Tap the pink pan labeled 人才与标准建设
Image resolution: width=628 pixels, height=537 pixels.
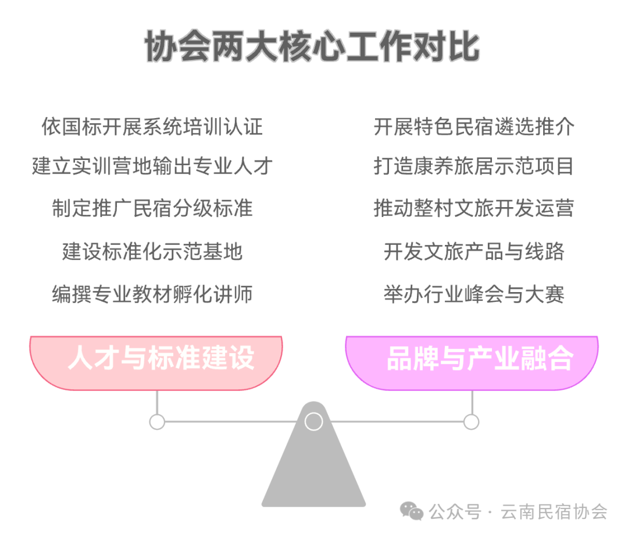pyautogui.click(x=156, y=360)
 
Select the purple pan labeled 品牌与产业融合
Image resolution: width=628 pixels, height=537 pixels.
pyautogui.click(x=472, y=360)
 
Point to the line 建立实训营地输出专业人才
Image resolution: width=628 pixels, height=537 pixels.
pyautogui.click(x=152, y=166)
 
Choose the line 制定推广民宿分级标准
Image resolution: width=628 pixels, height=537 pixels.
pyautogui.click(x=152, y=208)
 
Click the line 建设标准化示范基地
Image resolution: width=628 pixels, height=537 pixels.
pyautogui.click(x=152, y=251)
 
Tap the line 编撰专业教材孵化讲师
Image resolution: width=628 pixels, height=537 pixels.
pyautogui.click(x=152, y=294)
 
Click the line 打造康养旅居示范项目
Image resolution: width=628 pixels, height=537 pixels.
pyautogui.click(x=474, y=166)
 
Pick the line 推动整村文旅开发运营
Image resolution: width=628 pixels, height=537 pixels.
pyautogui.click(x=474, y=208)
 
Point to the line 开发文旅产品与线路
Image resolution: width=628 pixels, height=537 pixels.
pyautogui.click(x=474, y=251)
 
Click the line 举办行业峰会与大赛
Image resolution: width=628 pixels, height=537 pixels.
pyautogui.click(x=474, y=294)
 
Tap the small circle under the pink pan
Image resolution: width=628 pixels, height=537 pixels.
pyautogui.click(x=157, y=422)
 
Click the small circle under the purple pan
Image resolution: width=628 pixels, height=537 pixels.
pyautogui.click(x=472, y=422)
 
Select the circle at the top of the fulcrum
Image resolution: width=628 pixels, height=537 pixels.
pyautogui.click(x=313, y=421)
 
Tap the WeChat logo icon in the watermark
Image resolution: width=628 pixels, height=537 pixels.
pyautogui.click(x=412, y=512)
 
